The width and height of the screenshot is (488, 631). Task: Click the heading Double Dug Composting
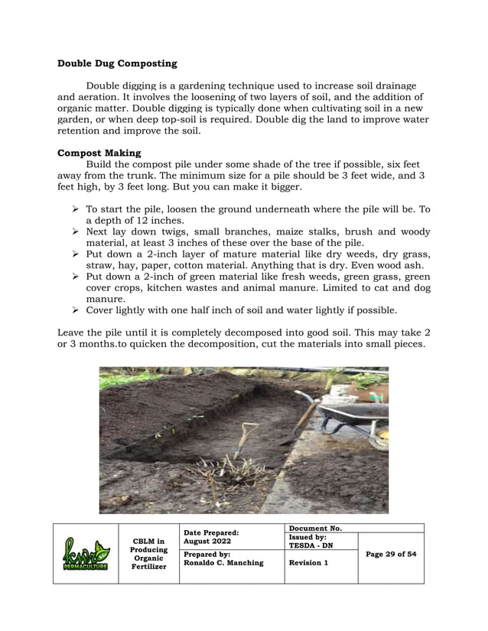coord(117,63)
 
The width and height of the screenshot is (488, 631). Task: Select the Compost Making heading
coord(99,153)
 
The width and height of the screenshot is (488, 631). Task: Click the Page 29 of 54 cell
coord(391,554)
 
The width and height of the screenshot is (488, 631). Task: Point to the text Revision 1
coord(310,563)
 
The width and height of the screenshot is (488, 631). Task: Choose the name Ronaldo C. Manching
coord(223,563)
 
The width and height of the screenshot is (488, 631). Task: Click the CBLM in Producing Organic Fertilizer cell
coord(148,554)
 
